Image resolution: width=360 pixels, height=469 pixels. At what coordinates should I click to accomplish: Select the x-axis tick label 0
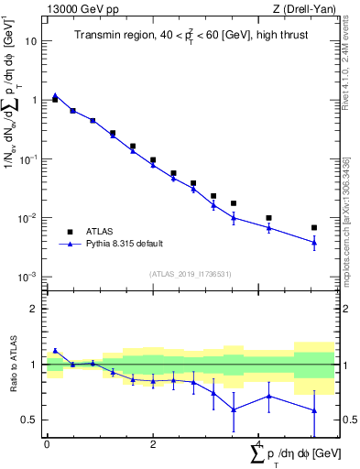47,444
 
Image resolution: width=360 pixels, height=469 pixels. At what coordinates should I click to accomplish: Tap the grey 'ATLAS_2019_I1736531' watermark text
191,274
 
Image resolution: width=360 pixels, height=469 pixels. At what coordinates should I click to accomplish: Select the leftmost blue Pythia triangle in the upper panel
55,95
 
